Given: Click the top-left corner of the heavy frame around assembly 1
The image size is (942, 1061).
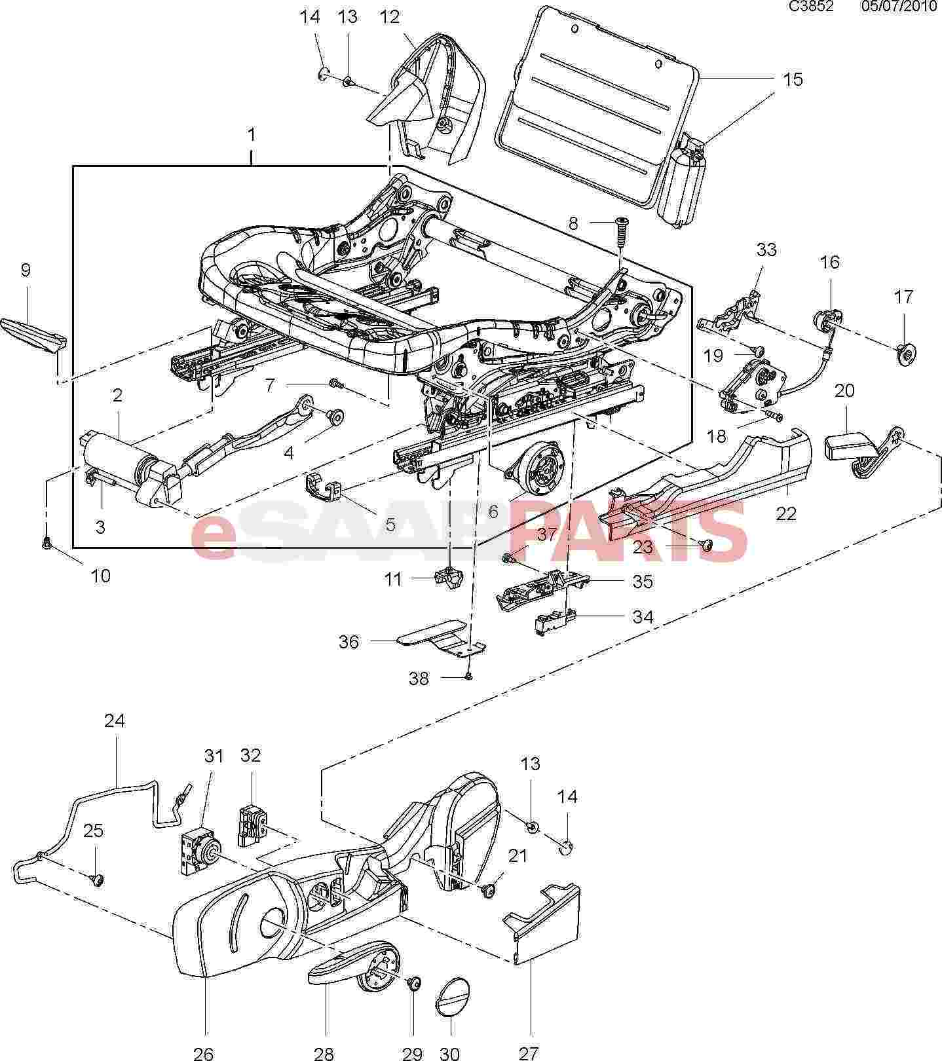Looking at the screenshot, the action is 73,166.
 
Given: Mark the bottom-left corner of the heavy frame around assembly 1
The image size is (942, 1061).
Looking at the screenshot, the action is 73,546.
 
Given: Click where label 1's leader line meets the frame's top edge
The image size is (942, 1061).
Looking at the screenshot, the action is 252,166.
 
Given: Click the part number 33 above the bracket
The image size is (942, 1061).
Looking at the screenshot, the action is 766,250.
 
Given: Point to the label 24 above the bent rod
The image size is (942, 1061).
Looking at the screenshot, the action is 115,720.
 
